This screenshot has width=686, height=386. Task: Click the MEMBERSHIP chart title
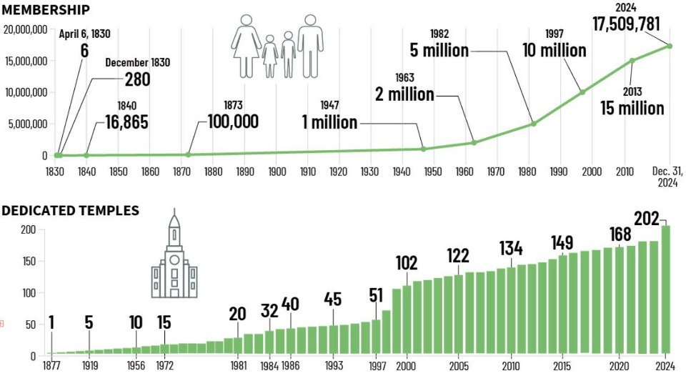tap(46, 9)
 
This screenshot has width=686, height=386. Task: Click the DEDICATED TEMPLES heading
tap(70, 211)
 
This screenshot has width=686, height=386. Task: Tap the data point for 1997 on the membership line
tap(582, 91)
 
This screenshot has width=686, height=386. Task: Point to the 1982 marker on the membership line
tap(533, 124)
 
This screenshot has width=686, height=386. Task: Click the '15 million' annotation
tap(632, 109)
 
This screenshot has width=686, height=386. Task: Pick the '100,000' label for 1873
tap(233, 122)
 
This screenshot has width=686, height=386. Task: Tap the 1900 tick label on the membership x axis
tap(277, 172)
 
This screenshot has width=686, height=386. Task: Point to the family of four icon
tap(277, 46)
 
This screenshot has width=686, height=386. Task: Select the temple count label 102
tap(407, 263)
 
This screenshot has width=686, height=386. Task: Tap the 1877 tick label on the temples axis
tap(51, 366)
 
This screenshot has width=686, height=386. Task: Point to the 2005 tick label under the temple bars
tap(459, 366)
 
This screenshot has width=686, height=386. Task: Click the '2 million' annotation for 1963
tap(405, 94)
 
